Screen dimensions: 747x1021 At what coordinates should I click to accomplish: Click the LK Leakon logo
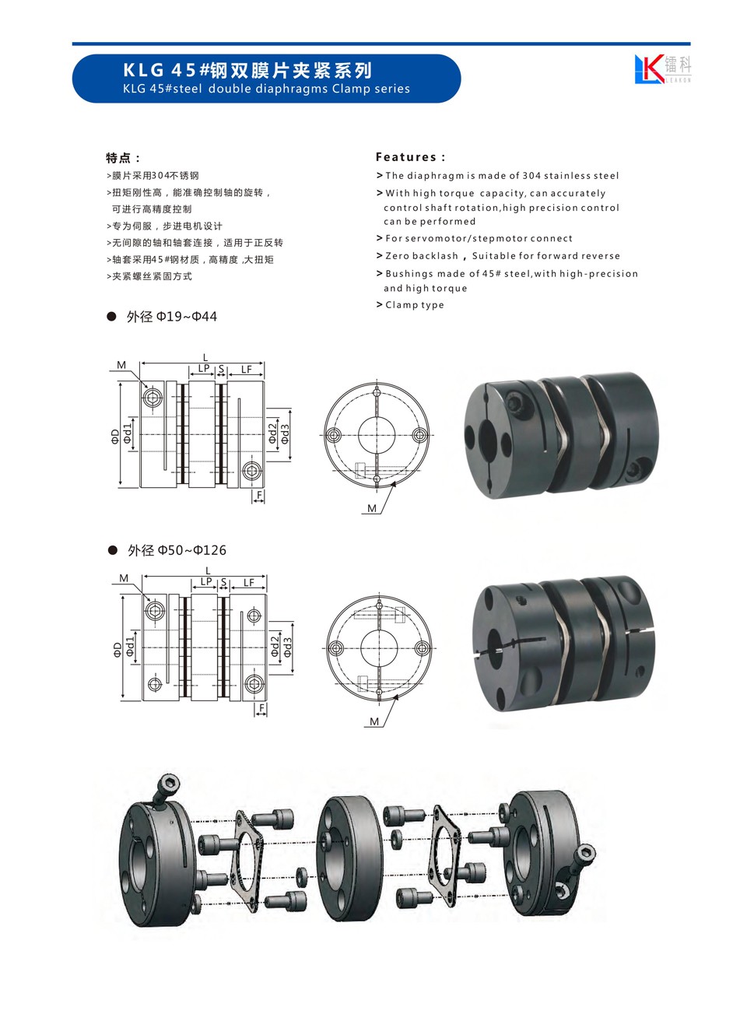click(x=662, y=69)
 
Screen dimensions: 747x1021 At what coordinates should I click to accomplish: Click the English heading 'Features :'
click(x=410, y=157)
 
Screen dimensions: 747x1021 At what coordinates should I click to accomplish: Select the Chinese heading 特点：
click(x=123, y=158)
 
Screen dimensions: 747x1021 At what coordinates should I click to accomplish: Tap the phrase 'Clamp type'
click(x=414, y=305)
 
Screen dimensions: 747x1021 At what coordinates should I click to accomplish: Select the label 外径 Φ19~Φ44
click(x=171, y=317)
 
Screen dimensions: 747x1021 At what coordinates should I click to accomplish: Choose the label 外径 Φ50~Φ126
click(x=177, y=551)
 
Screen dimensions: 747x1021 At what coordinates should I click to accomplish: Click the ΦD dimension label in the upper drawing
click(x=114, y=437)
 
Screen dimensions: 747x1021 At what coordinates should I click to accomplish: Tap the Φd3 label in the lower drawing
click(x=288, y=647)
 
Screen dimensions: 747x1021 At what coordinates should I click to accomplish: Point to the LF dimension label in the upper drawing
click(x=246, y=369)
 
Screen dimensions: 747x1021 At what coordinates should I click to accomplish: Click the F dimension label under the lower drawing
click(x=261, y=708)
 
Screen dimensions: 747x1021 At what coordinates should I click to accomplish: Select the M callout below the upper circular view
click(x=372, y=508)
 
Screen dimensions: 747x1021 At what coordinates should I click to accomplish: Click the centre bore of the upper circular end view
click(x=377, y=435)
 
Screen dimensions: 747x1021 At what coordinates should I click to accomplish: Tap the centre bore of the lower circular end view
click(x=379, y=647)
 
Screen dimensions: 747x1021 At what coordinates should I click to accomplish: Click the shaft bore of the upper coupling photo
click(x=487, y=438)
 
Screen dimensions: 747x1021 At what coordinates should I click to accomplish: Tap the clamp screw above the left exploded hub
click(x=166, y=789)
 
